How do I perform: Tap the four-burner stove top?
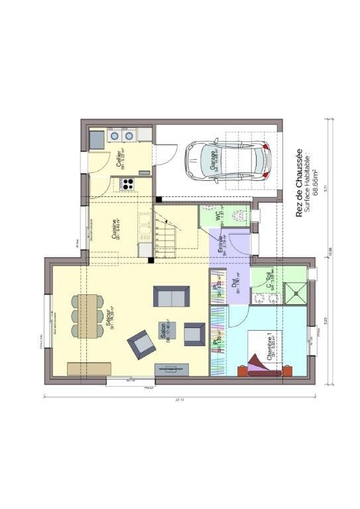(127, 184)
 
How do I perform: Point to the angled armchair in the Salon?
(141, 343)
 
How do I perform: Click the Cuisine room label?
(115, 229)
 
